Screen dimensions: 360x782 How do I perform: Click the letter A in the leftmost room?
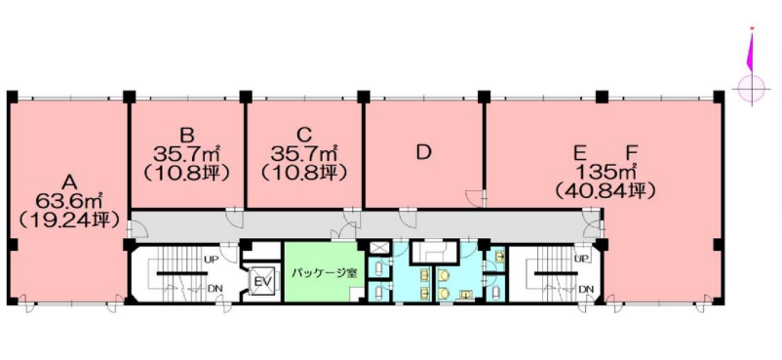click(x=68, y=181)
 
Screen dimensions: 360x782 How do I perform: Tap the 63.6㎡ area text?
click(x=69, y=201)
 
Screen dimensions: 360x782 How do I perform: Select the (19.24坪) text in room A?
click(x=69, y=220)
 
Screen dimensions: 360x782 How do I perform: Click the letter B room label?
click(x=186, y=135)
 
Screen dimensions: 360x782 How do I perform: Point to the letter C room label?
click(x=303, y=135)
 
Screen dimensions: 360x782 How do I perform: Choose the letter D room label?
click(x=423, y=152)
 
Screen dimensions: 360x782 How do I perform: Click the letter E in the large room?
click(x=579, y=153)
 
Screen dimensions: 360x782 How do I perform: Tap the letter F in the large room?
click(x=632, y=153)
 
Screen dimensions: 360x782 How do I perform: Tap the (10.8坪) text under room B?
click(x=186, y=172)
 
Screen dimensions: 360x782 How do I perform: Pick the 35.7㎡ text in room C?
click(x=303, y=153)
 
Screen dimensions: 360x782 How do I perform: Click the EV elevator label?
click(x=261, y=282)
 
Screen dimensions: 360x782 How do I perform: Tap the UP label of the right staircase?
click(x=583, y=259)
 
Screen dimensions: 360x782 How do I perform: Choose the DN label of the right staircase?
click(x=586, y=290)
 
